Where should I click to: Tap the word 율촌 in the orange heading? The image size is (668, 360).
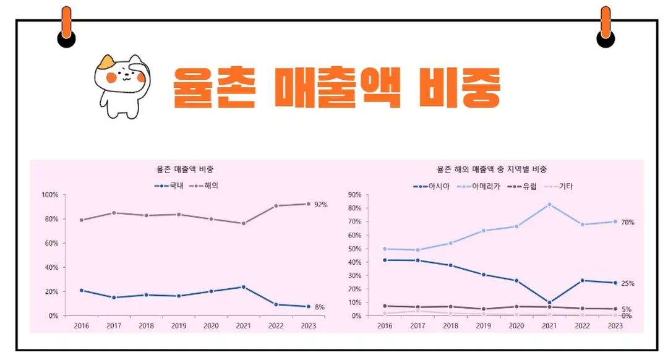point(214,87)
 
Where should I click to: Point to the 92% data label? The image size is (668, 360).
point(320,204)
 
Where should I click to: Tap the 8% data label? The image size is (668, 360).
point(319,307)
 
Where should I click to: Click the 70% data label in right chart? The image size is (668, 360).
point(627,222)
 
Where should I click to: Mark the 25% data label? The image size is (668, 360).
point(627,283)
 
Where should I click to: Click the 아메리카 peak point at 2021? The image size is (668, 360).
point(549,204)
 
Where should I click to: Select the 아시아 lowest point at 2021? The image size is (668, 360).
point(549,302)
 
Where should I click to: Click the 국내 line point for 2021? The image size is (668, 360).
point(243,287)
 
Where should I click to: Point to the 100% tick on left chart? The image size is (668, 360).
point(49,195)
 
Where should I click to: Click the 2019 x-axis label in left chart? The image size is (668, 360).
point(179,325)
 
